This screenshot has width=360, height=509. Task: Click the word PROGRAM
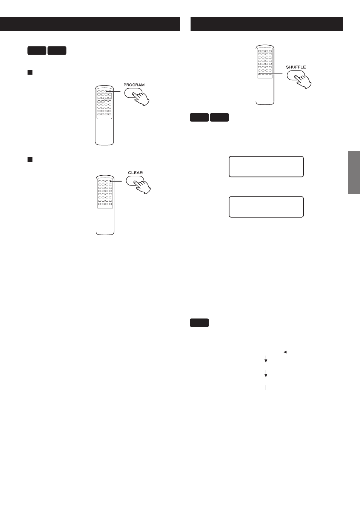134,85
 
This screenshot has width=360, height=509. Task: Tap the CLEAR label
135,173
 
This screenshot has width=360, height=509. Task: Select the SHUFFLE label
296,67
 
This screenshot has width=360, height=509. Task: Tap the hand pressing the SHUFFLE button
303,82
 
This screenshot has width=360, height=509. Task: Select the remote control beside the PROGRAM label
105,115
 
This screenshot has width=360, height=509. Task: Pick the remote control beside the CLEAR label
105,205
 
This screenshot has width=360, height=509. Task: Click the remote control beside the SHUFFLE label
265,75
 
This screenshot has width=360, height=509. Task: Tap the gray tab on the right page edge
354,172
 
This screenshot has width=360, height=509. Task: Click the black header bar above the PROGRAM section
90,24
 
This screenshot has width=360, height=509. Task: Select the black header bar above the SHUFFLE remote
266,24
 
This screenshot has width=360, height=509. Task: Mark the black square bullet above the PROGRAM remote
30,72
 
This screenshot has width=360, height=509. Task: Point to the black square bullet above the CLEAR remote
30,159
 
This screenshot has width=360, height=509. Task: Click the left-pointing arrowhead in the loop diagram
285,352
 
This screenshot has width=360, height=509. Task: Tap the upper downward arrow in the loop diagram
266,359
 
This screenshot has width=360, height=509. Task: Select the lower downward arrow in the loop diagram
266,374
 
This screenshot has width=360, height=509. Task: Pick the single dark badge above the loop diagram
199,323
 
